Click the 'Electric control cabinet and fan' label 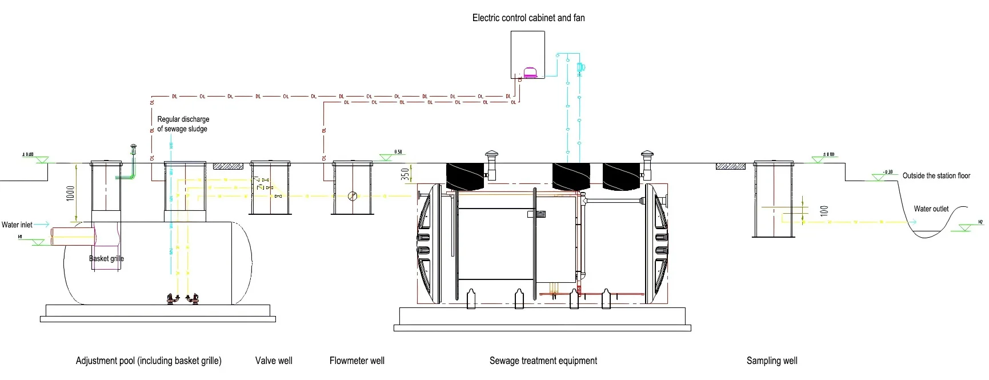pyautogui.click(x=528, y=18)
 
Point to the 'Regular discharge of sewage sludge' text pyautogui.click(x=183, y=124)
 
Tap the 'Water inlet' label pyautogui.click(x=17, y=225)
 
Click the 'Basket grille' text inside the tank pyautogui.click(x=106, y=258)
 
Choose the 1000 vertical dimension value pyautogui.click(x=70, y=193)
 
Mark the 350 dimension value pyautogui.click(x=405, y=174)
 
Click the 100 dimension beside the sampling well pyautogui.click(x=823, y=211)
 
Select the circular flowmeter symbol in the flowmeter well pyautogui.click(x=353, y=196)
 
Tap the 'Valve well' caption pyautogui.click(x=274, y=361)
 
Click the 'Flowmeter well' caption pyautogui.click(x=357, y=361)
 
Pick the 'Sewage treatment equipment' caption pyautogui.click(x=543, y=361)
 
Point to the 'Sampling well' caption pyautogui.click(x=771, y=361)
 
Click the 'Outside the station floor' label pyautogui.click(x=936, y=175)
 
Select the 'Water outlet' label pyautogui.click(x=931, y=209)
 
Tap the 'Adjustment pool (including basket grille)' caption pyautogui.click(x=149, y=361)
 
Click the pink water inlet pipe pyautogui.click(x=73, y=236)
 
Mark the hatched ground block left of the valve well pyautogui.click(x=228, y=166)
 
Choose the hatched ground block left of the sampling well pyautogui.click(x=730, y=166)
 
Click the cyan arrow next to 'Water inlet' pyautogui.click(x=42, y=225)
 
